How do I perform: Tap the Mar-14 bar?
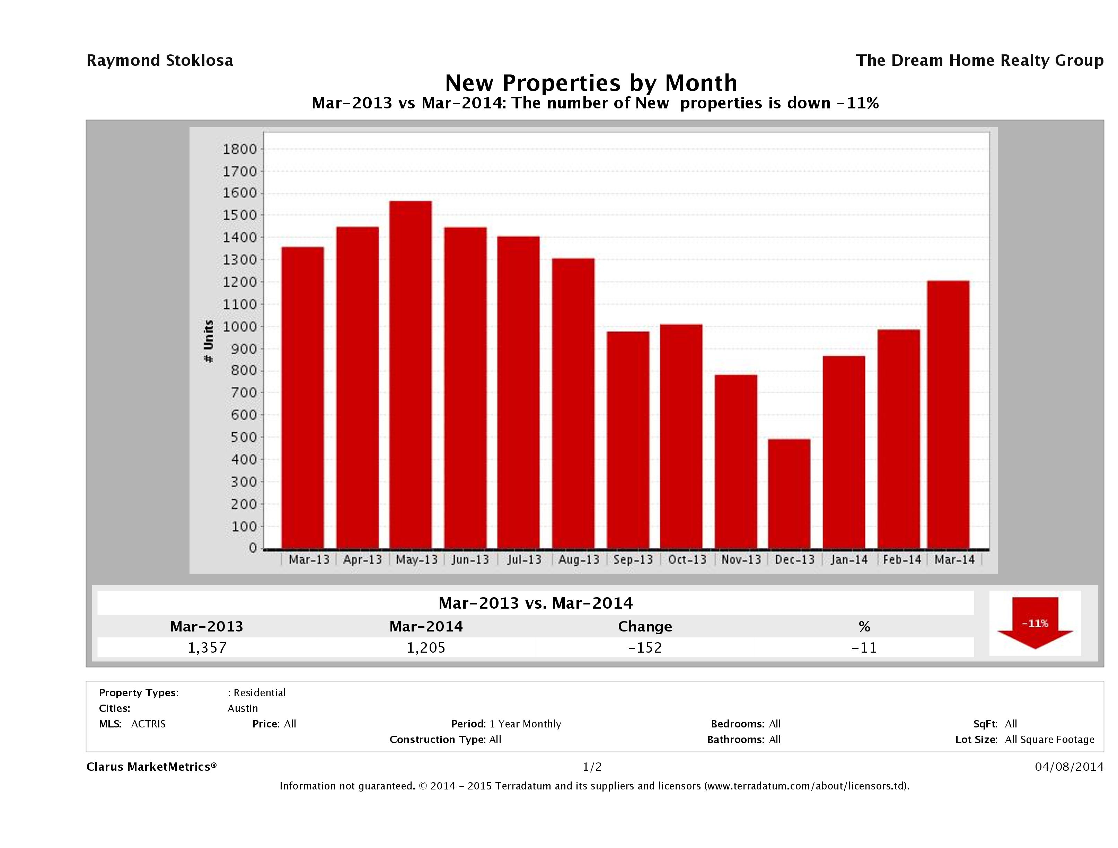tap(948, 414)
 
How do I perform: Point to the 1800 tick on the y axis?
tap(240, 149)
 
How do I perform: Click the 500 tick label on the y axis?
tap(240, 437)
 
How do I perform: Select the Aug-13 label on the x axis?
tap(578, 560)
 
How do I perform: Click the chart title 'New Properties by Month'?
tap(590, 82)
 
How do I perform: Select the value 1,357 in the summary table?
tap(207, 647)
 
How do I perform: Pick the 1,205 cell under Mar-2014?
tap(426, 647)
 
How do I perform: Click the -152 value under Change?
tap(645, 647)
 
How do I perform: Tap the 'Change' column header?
tap(645, 627)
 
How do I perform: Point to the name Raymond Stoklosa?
tap(160, 61)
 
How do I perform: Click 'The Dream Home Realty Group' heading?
tap(979, 61)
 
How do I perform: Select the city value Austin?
tap(243, 708)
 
